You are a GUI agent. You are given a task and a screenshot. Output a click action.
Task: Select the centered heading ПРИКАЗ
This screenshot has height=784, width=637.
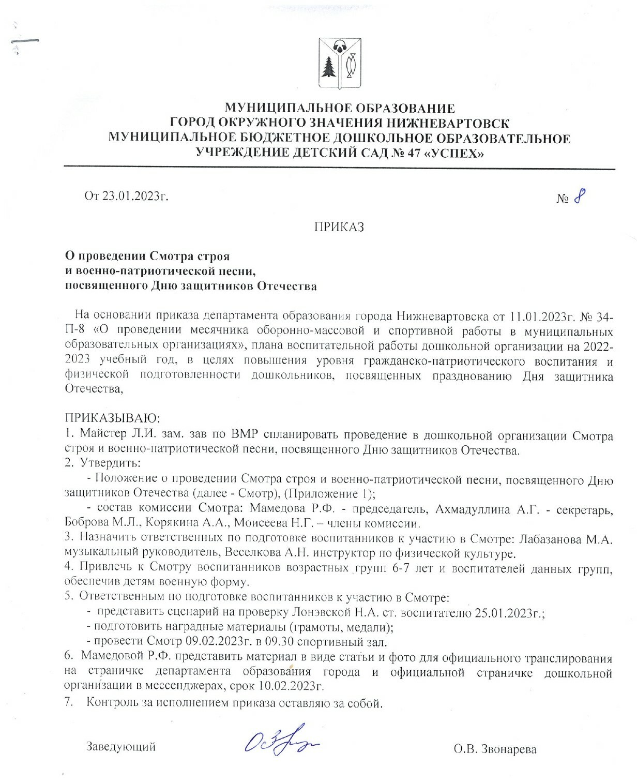339,227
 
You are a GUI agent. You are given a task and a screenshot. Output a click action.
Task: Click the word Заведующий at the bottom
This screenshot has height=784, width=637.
121,747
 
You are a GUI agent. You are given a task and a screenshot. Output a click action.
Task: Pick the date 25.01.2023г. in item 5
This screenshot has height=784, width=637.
508,613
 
